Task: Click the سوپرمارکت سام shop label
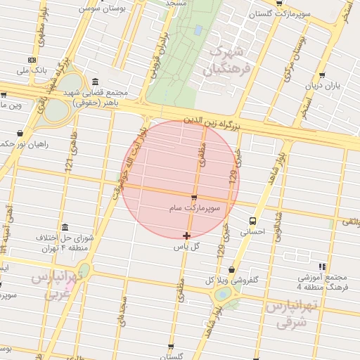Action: pyautogui.click(x=194, y=209)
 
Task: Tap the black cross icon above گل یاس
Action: pyautogui.click(x=186, y=236)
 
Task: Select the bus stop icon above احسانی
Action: pyautogui.click(x=252, y=221)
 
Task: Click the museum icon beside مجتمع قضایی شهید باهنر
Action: pyautogui.click(x=95, y=81)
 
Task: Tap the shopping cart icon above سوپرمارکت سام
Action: pyautogui.click(x=194, y=198)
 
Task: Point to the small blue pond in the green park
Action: pyautogui.click(x=199, y=30)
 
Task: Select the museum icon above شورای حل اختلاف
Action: pyautogui.click(x=65, y=227)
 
